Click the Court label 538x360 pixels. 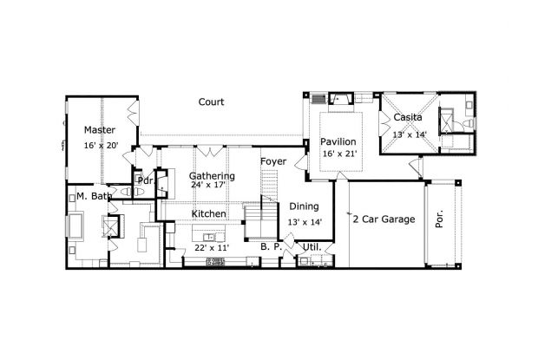coord(211,101)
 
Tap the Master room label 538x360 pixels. coord(100,129)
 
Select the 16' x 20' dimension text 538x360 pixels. coord(102,146)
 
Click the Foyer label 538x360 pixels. coord(273,161)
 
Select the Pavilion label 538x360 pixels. coord(338,141)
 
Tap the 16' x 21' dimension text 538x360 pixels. coord(338,154)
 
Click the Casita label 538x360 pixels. coord(408,117)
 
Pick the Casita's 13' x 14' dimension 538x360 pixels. coord(410,134)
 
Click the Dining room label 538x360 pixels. coord(303,206)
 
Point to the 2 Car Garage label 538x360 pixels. coord(384,219)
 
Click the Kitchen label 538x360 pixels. coord(209,213)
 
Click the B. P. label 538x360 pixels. coord(269,247)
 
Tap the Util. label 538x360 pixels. coord(310,247)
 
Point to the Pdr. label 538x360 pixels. coord(144,181)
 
